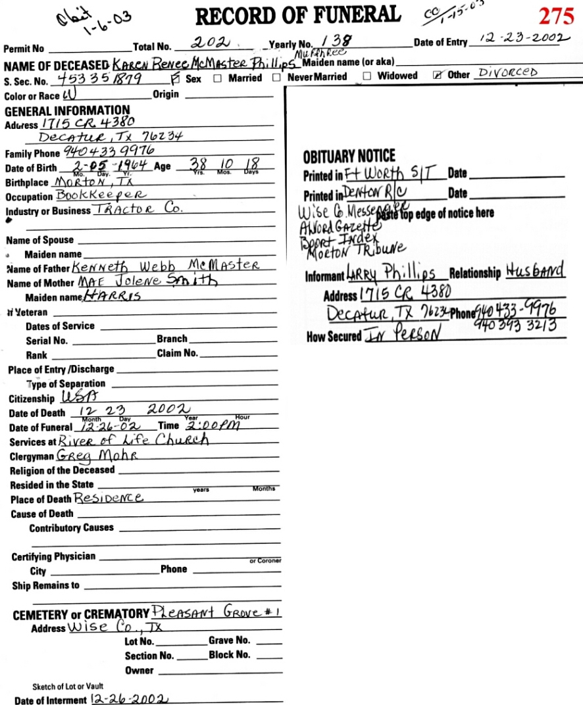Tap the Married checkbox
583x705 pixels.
pyautogui.click(x=218, y=78)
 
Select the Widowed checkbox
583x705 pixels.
pyautogui.click(x=367, y=76)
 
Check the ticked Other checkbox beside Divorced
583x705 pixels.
pyautogui.click(x=438, y=76)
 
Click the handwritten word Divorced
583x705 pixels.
pyautogui.click(x=507, y=72)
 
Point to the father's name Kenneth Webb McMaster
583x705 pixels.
pyautogui.click(x=166, y=266)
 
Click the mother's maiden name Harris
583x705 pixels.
pyautogui.click(x=110, y=296)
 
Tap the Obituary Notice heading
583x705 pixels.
pyautogui.click(x=349, y=157)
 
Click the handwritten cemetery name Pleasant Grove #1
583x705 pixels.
pyautogui.click(x=216, y=612)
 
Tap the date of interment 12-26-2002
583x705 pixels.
pyautogui.click(x=130, y=698)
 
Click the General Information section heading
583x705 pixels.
pyautogui.click(x=67, y=110)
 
